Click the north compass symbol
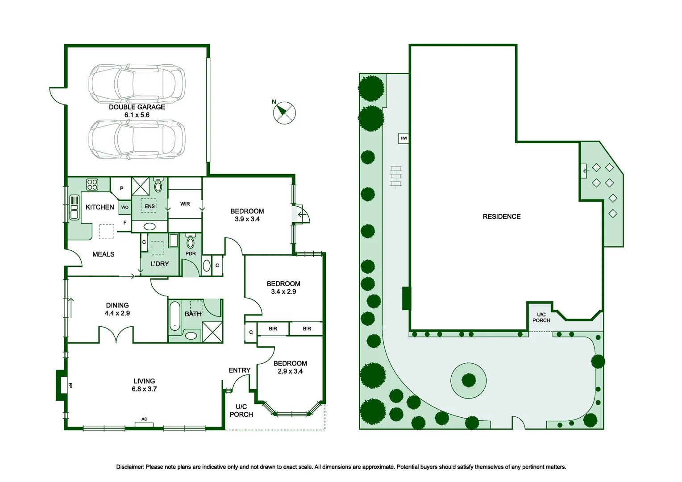coord(284,112)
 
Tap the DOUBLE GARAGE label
coord(137,107)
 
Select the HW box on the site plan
coord(403,138)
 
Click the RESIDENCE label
coord(501,216)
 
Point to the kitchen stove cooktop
coord(92,184)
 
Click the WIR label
coord(185,204)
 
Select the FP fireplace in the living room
coord(62,385)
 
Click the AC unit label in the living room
coord(144,420)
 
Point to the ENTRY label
coord(239,370)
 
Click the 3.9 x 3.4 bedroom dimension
coord(247,219)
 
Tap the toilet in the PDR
coord(191,242)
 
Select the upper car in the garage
coord(137,83)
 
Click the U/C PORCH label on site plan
coord(541,317)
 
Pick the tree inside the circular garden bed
coord(469,380)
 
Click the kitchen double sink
coord(74,208)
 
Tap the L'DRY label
coord(159,264)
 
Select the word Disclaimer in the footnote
coord(130,467)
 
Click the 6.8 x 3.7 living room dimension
coord(144,389)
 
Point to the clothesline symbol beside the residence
coord(396,176)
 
